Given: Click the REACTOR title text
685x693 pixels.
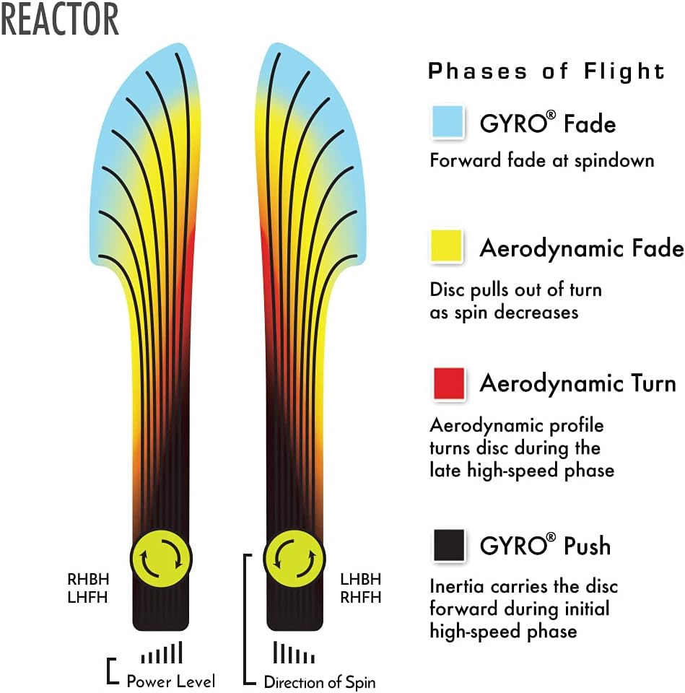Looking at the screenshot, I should (59, 19).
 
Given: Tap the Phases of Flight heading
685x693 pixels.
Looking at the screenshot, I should (546, 71).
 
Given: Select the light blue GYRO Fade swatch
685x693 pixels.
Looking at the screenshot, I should (448, 122).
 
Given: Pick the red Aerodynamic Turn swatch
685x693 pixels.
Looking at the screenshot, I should (448, 383).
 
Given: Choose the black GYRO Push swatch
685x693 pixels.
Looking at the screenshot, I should (448, 545).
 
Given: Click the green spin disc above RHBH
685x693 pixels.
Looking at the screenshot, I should (162, 557).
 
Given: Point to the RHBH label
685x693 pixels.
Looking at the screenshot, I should (87, 579).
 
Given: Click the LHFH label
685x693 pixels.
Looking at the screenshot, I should (87, 597).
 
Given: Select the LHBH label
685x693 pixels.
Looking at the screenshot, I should (360, 579).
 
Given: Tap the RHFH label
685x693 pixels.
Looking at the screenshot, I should (360, 597).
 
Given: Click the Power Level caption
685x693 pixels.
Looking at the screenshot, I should (170, 681).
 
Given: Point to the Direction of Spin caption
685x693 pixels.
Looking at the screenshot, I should (319, 681).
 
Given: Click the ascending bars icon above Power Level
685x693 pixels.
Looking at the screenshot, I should (162, 653).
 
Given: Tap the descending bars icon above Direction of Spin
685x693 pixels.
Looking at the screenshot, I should (294, 653).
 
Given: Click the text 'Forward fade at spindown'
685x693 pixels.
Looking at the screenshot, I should (541, 160).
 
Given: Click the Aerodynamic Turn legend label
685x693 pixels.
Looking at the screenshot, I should (577, 383).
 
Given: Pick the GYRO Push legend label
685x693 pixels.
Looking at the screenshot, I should (545, 546).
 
